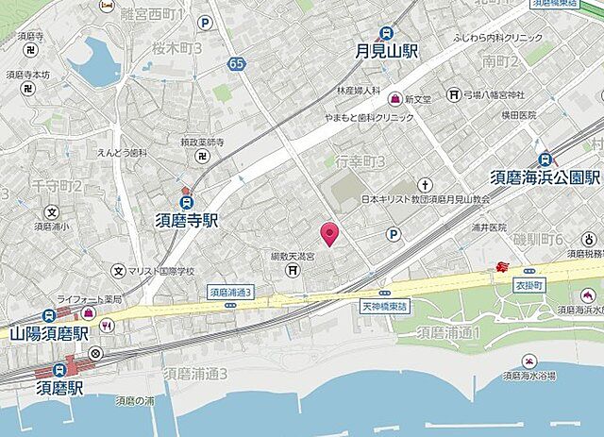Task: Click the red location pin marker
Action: coord(329,232)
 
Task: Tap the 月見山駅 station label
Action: coord(386,52)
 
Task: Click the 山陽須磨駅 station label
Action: coord(49,333)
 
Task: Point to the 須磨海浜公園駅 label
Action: coord(545,177)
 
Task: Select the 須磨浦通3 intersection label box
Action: coord(231,293)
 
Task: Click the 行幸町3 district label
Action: coord(363,162)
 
